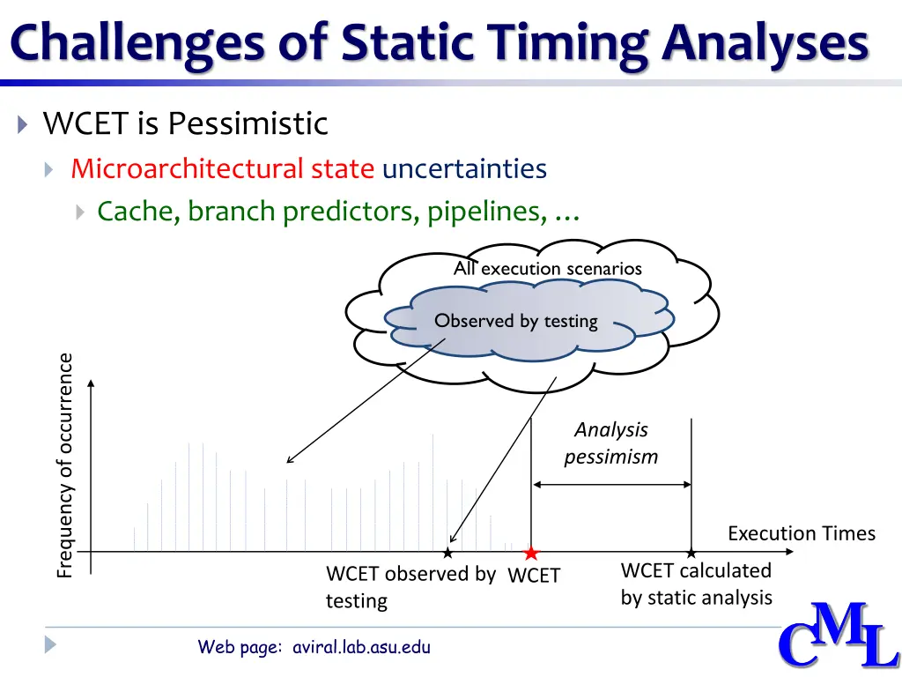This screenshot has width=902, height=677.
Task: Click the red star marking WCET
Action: coord(531,554)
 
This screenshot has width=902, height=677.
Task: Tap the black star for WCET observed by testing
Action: coord(447,554)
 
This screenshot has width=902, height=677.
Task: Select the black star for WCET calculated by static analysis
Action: coord(691,554)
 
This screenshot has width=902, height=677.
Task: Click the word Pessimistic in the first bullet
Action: coord(248,123)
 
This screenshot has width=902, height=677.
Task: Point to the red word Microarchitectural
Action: coord(187,168)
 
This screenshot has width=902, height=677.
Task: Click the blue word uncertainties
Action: coord(464,168)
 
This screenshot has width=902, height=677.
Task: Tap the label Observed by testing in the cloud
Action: coord(516,321)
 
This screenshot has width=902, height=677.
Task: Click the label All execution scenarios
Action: coord(548,268)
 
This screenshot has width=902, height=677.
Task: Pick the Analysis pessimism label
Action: coord(611,443)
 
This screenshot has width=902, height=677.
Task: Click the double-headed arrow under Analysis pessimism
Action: coord(611,485)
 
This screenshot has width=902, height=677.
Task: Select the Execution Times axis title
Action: coord(802,533)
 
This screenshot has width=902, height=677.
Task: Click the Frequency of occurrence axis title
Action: coord(65,465)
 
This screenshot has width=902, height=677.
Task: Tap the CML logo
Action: coord(839,636)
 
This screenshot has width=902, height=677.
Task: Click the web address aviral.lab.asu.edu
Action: coord(361,646)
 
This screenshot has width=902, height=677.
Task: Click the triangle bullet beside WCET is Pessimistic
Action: coord(22,123)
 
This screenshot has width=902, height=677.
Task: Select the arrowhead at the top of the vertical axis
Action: coord(91,383)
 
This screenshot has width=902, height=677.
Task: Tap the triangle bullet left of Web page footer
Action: coord(50,644)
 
